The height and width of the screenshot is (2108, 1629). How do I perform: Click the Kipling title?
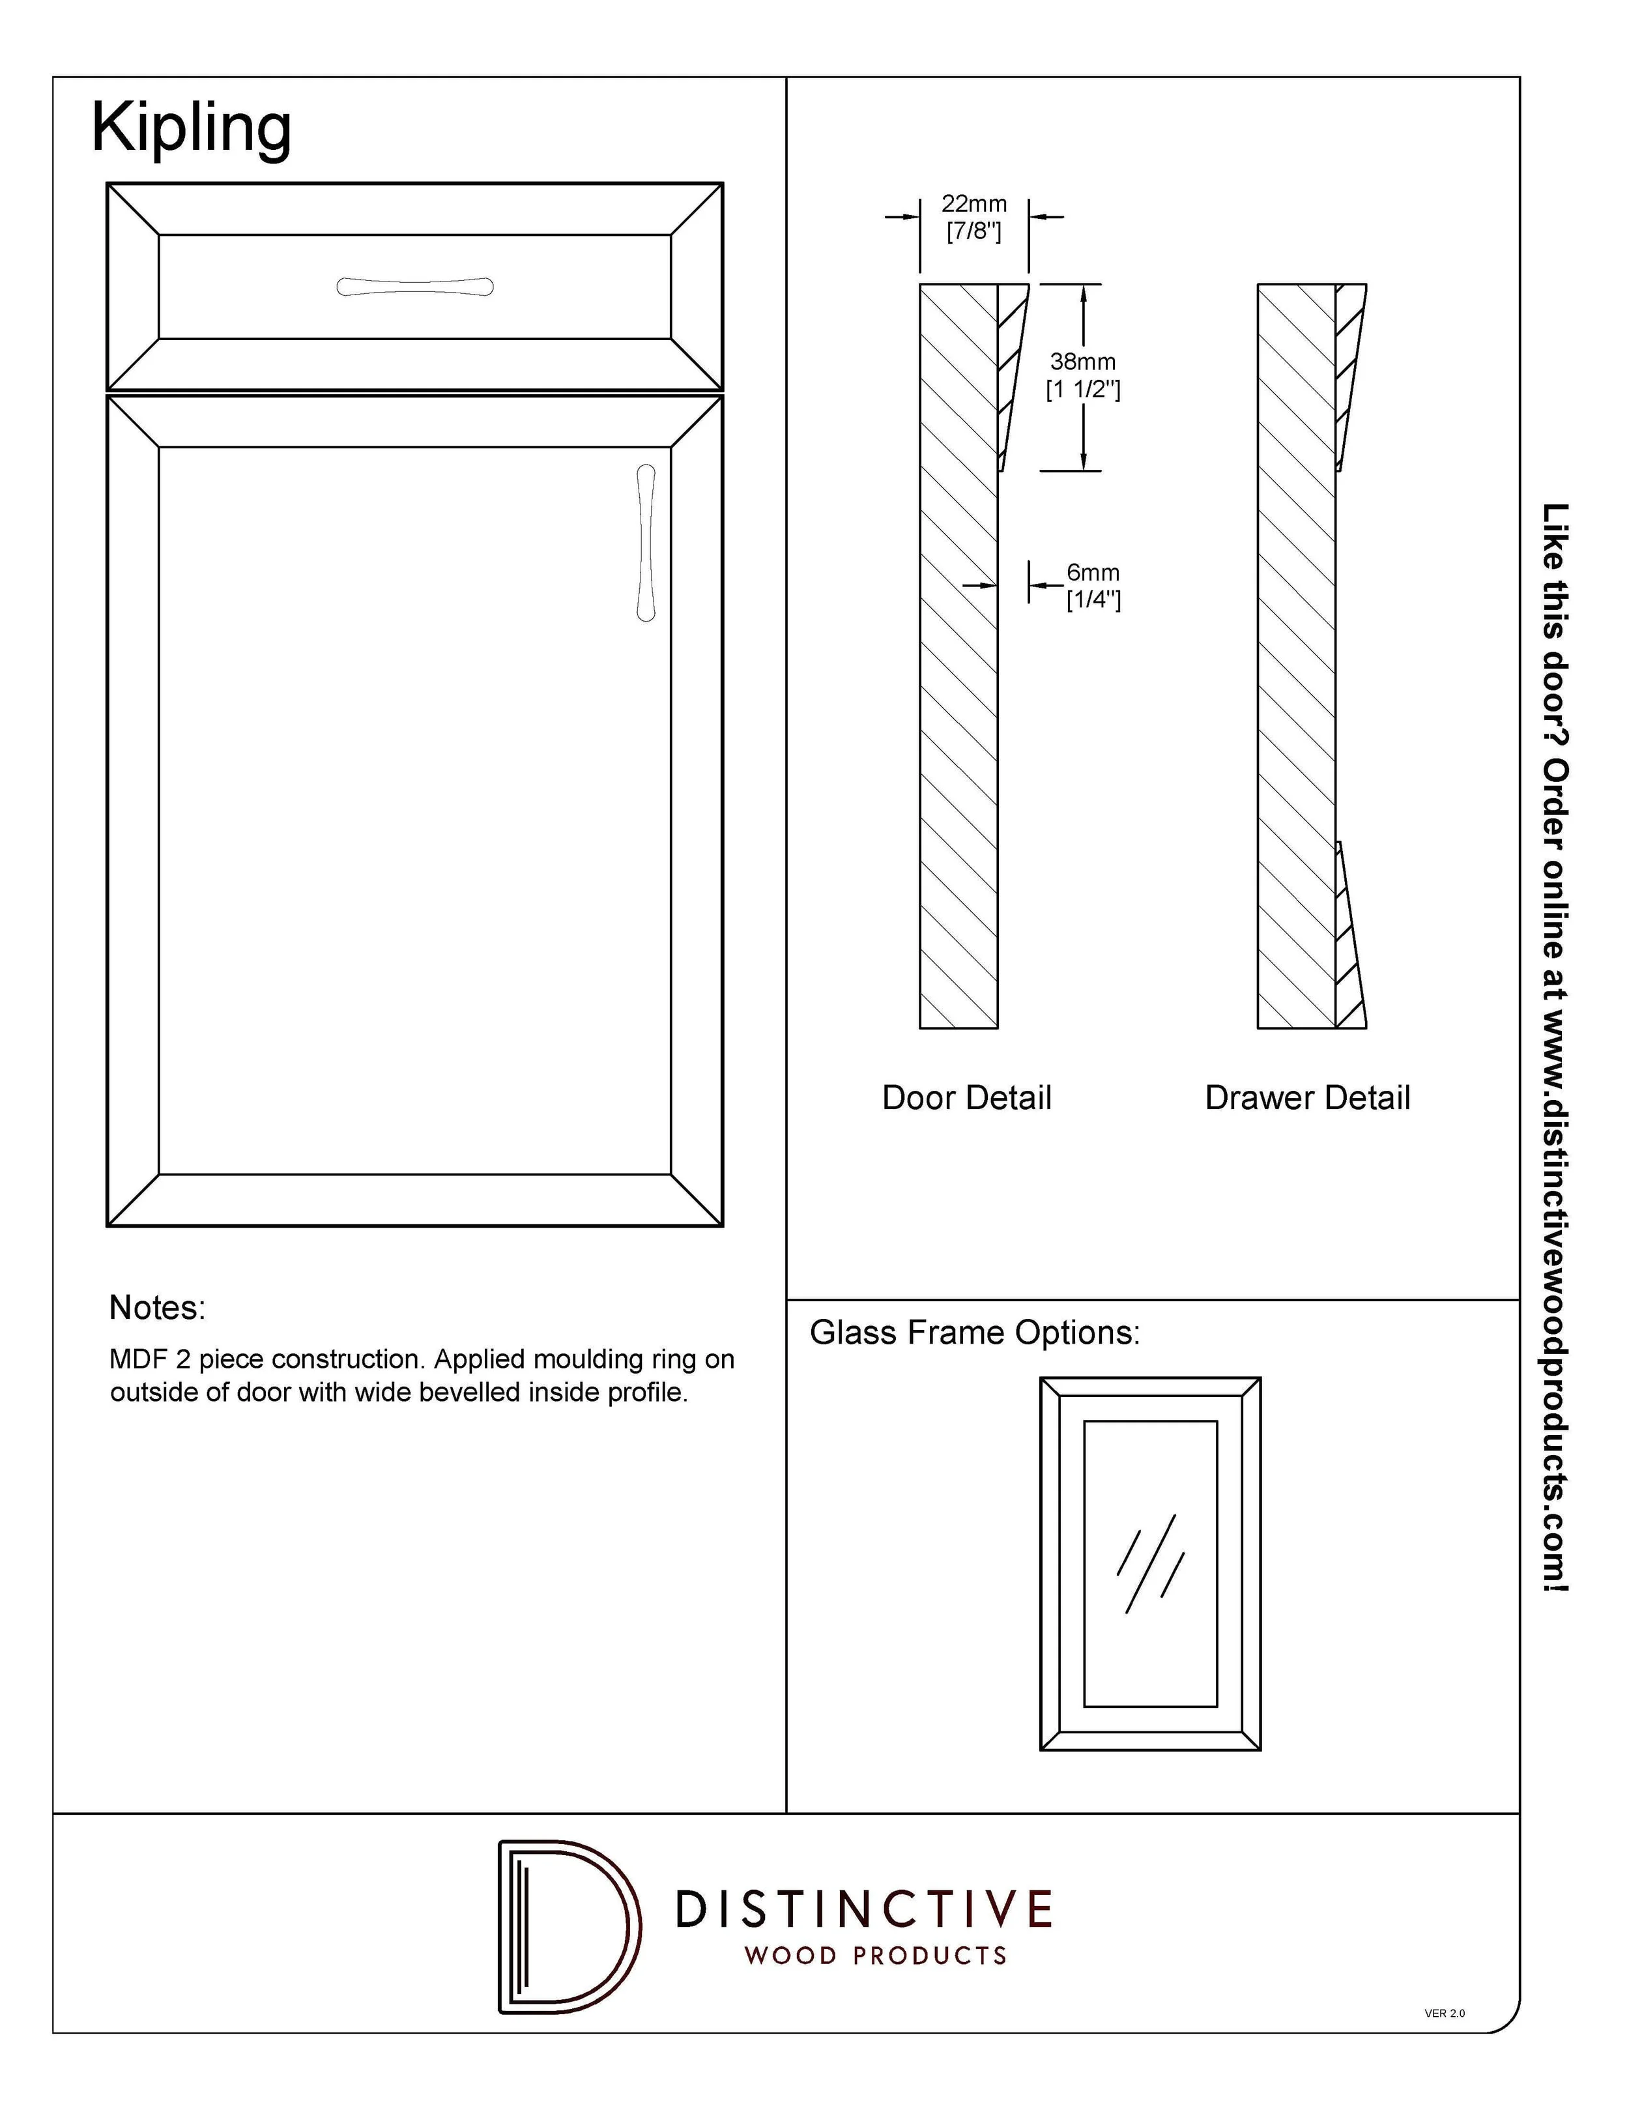pyautogui.click(x=191, y=128)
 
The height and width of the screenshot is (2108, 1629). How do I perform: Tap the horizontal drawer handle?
pyautogui.click(x=415, y=287)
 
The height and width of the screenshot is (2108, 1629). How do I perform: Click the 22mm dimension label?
pyautogui.click(x=973, y=205)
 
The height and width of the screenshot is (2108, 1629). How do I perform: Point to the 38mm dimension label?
pyautogui.click(x=1083, y=362)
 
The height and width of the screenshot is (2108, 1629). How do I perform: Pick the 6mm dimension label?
pyautogui.click(x=1093, y=572)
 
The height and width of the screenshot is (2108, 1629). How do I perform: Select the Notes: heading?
pyautogui.click(x=157, y=1308)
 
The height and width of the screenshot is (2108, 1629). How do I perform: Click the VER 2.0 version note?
pyautogui.click(x=1444, y=2014)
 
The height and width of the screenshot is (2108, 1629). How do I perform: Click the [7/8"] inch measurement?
pyautogui.click(x=973, y=231)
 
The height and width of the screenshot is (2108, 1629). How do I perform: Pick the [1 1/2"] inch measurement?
pyautogui.click(x=1083, y=390)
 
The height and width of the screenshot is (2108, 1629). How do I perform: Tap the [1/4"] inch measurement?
pyautogui.click(x=1093, y=599)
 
